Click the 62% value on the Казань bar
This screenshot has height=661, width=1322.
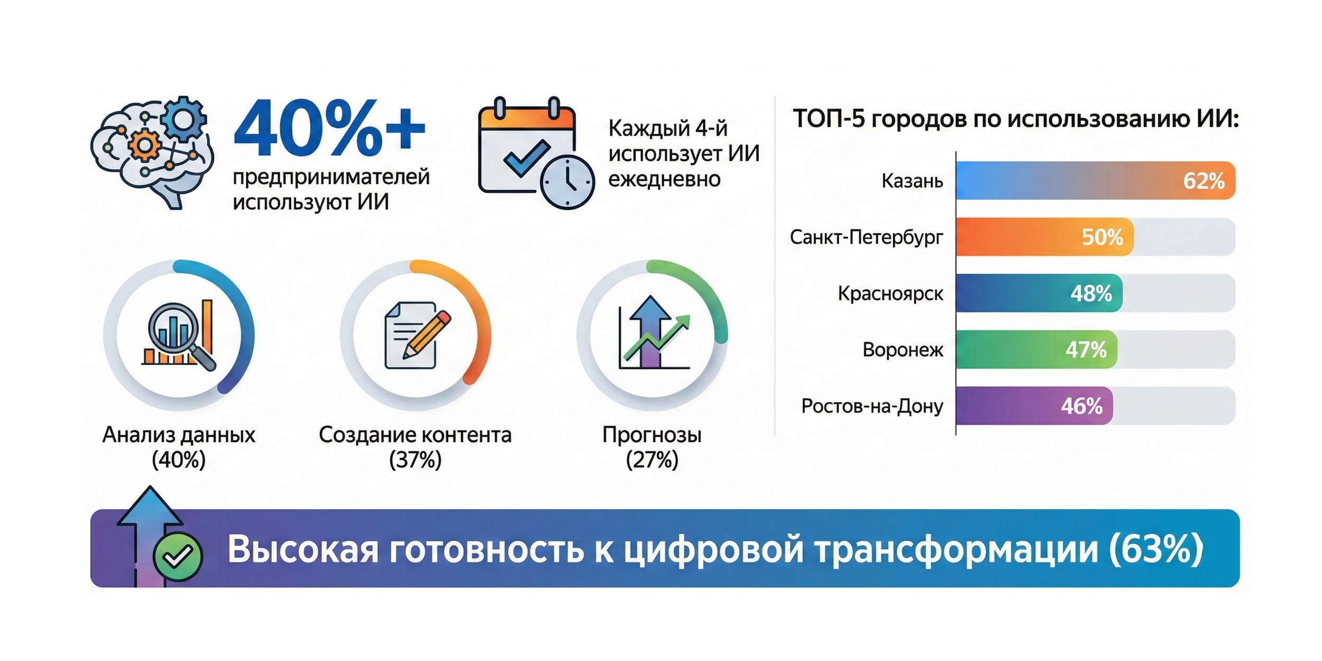tap(1204, 181)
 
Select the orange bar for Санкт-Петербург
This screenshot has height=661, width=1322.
tap(1044, 237)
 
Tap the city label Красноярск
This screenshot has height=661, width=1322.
tap(890, 293)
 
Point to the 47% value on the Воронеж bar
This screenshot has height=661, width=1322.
tap(1086, 350)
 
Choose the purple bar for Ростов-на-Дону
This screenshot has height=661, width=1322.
tap(1034, 406)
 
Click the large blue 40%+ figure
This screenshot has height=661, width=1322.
tap(329, 128)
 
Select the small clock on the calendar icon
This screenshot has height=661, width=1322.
tap(567, 182)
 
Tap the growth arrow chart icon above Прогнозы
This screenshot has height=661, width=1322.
tap(654, 332)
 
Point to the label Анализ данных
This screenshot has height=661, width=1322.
tap(179, 435)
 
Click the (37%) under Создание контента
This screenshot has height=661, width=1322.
tap(415, 460)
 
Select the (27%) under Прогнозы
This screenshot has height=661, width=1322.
tap(652, 460)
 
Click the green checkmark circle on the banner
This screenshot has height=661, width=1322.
tap(178, 556)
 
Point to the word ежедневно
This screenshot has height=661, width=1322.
tap(664, 179)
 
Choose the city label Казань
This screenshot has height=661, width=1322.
tap(912, 181)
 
